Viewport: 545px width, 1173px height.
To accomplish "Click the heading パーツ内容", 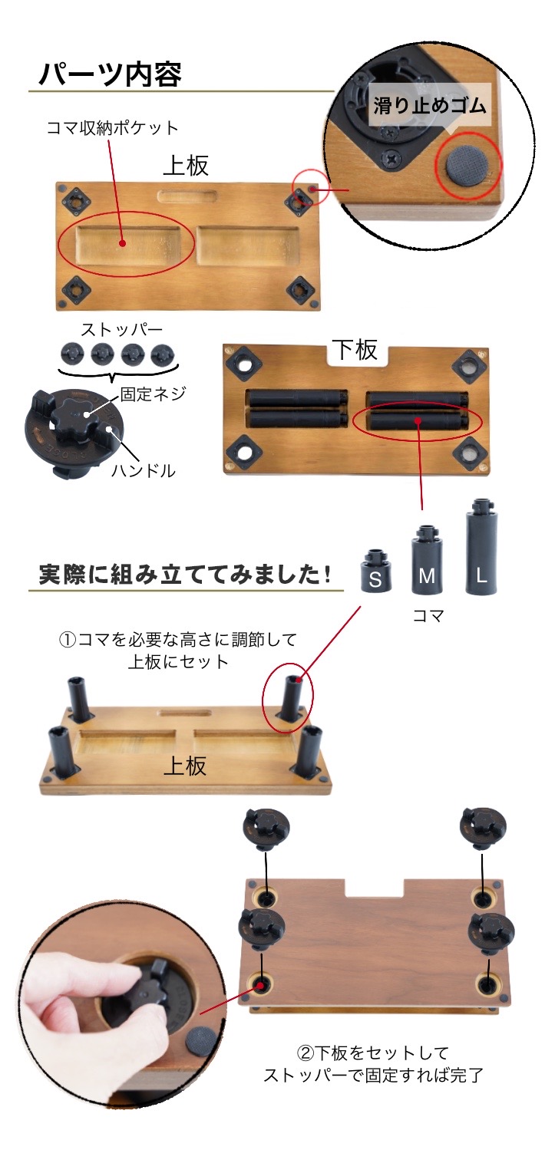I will (110, 74).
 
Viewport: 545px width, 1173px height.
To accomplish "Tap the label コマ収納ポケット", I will (112, 127).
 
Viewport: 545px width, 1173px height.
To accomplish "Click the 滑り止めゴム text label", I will (430, 105).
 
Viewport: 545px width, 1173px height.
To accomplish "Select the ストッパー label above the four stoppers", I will (122, 331).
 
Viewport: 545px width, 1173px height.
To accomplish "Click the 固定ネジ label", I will (154, 394).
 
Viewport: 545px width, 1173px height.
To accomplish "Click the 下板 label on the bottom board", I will (355, 350).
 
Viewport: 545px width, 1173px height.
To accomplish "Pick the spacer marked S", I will (375, 571).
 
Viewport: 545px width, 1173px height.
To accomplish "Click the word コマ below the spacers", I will (428, 615).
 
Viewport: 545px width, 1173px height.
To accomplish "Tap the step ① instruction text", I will (178, 649).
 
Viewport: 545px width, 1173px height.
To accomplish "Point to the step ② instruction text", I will (373, 1063).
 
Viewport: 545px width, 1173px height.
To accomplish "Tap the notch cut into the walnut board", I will (375, 888).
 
